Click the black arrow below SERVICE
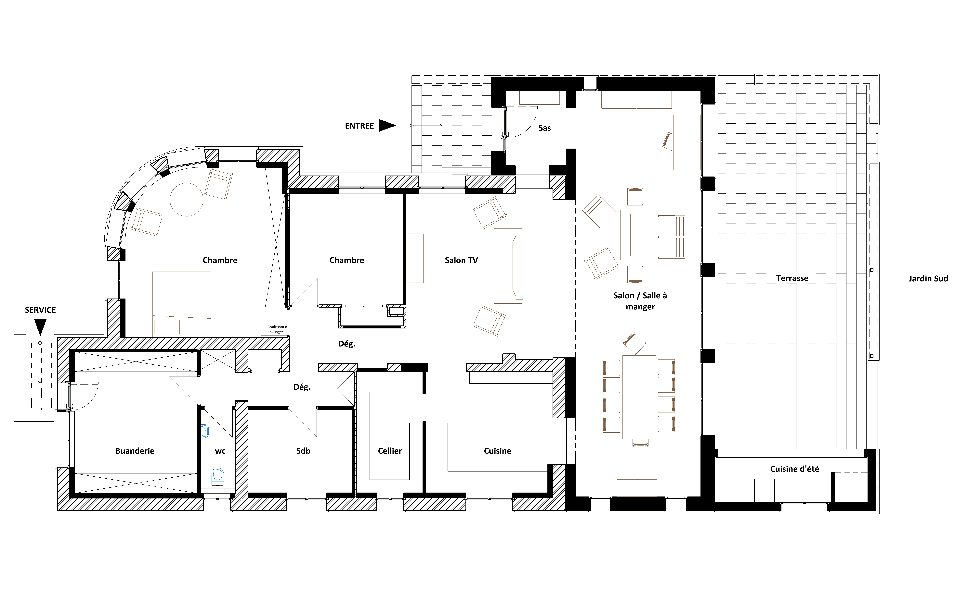[40, 327]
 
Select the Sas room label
[544, 128]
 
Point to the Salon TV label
[461, 260]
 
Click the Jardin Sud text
[928, 279]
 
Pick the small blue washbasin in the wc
[204, 431]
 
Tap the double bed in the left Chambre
[181, 304]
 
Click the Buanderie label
[135, 451]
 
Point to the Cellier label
[389, 451]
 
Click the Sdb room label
[303, 451]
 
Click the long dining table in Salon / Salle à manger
[639, 397]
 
